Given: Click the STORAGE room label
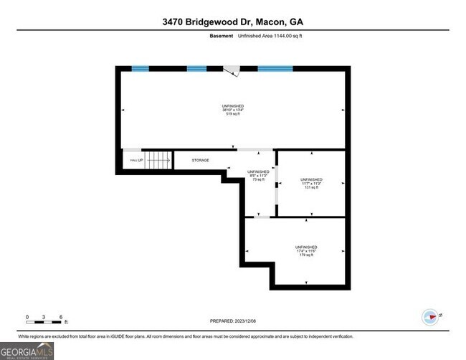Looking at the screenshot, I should click(x=200, y=160).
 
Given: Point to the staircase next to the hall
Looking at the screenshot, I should click(x=158, y=160).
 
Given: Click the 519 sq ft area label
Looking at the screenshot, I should click(x=233, y=114).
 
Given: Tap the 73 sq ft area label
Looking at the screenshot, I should click(x=258, y=180).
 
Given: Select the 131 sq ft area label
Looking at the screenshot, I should click(x=311, y=187).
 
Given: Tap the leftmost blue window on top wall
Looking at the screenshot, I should click(x=140, y=69).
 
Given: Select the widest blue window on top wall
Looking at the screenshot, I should click(x=275, y=69).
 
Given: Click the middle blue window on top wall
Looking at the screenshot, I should click(x=196, y=69).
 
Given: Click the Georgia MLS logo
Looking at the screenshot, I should click(x=27, y=350).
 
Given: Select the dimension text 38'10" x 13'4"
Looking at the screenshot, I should click(x=233, y=110).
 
